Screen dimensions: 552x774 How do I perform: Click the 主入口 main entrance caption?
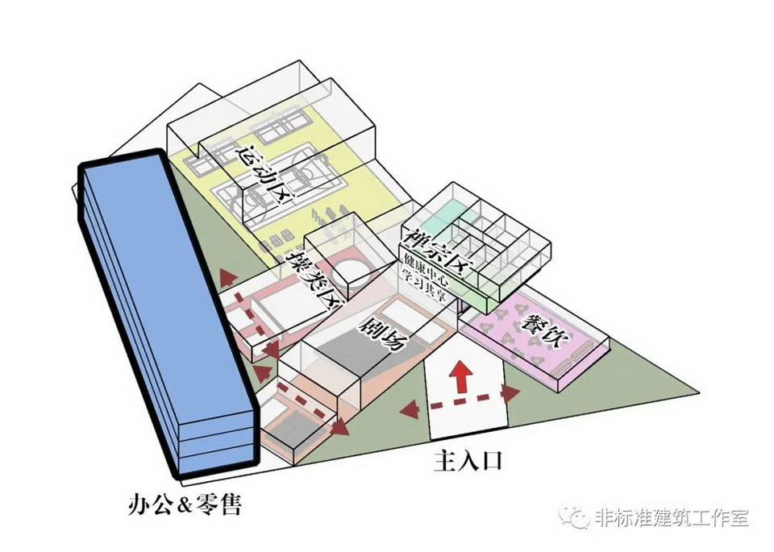click(468, 461)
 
